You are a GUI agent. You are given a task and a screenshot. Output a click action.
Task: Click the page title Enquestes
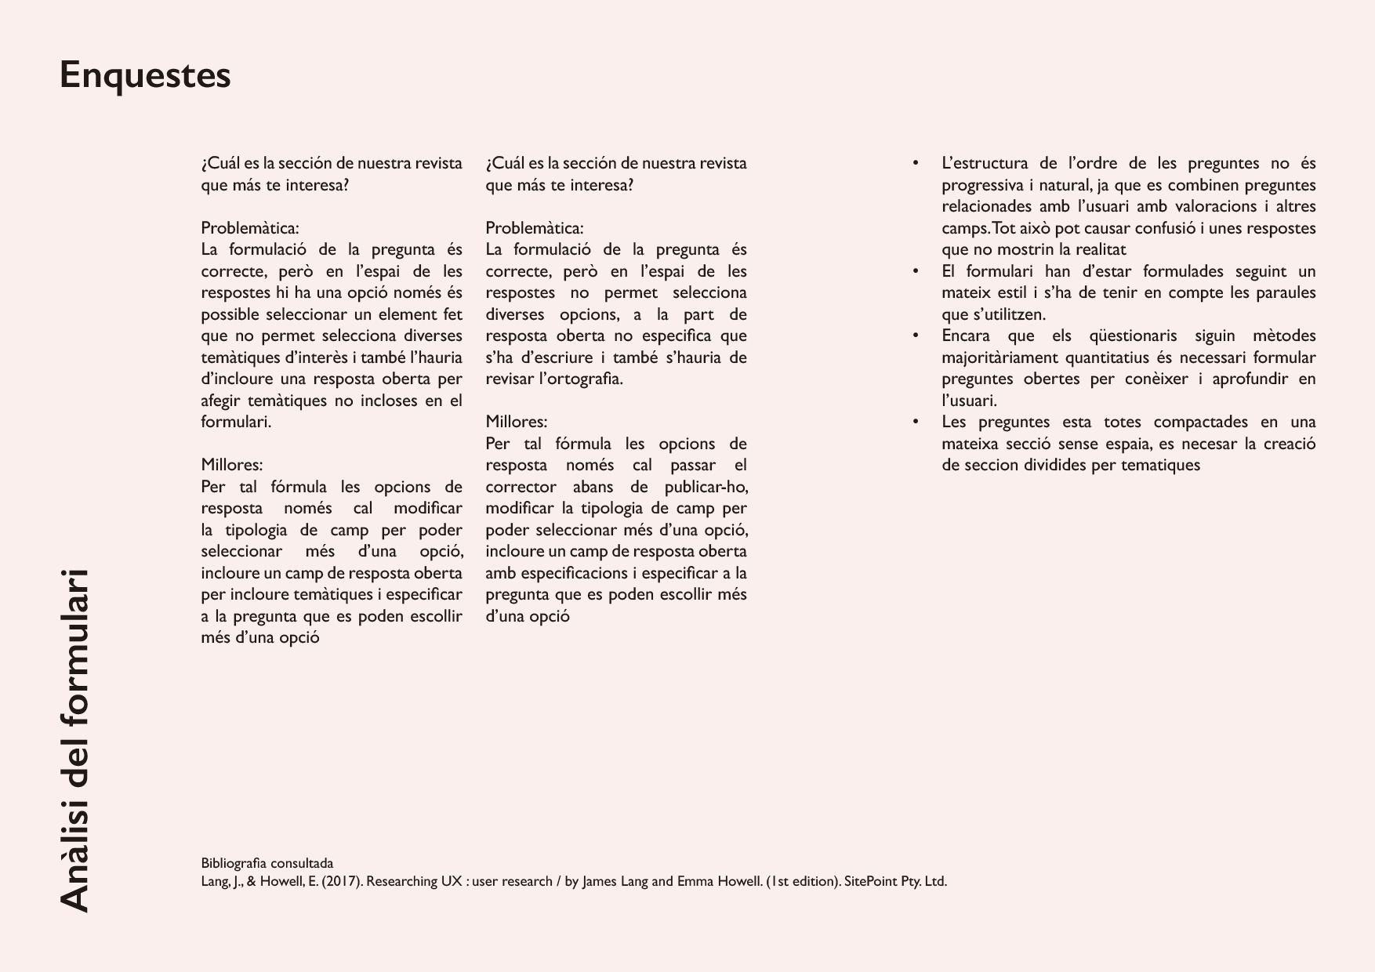[145, 76]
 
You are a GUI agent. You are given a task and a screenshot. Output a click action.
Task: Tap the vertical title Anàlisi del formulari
[75, 740]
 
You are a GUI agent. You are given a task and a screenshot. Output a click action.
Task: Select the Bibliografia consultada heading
[267, 863]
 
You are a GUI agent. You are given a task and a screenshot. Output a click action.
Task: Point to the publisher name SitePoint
[870, 881]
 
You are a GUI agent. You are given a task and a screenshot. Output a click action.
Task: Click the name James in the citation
[600, 881]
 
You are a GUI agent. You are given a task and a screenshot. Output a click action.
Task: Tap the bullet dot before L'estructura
[915, 163]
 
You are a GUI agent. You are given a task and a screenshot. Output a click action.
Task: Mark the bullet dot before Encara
[915, 335]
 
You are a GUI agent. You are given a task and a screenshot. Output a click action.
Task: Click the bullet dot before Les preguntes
[915, 422]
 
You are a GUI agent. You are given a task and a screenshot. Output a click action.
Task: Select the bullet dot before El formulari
[915, 271]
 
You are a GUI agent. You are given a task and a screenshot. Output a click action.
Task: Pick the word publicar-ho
[706, 487]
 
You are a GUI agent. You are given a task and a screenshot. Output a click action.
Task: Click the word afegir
[220, 401]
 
